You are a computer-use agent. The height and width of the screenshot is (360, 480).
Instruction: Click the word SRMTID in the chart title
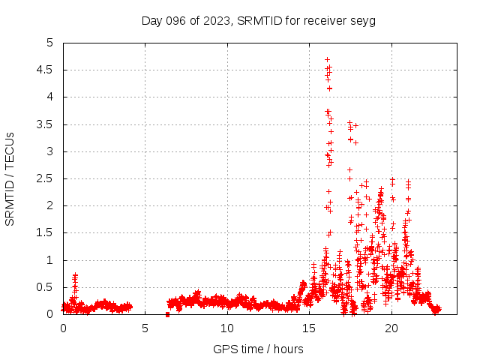pos(258,20)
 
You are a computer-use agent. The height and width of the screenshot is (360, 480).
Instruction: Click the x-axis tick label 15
pos(309,328)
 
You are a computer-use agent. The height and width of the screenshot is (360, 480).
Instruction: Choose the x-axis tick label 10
pos(227,328)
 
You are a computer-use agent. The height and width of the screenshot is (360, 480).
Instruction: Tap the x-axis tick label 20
pos(391,328)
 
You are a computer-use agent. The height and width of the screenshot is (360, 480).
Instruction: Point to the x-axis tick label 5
pos(145,328)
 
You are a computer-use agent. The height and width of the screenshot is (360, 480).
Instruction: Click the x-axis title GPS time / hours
pos(258,349)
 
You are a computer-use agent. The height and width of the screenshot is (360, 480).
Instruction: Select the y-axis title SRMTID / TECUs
pos(10,178)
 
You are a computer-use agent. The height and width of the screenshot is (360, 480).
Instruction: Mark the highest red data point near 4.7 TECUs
pos(327,59)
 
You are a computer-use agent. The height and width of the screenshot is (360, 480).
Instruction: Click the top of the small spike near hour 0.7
pos(75,275)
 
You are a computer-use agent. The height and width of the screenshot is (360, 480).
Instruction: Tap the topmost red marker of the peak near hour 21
pos(409,181)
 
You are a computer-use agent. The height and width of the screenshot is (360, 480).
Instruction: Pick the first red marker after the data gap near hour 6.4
pos(168,313)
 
